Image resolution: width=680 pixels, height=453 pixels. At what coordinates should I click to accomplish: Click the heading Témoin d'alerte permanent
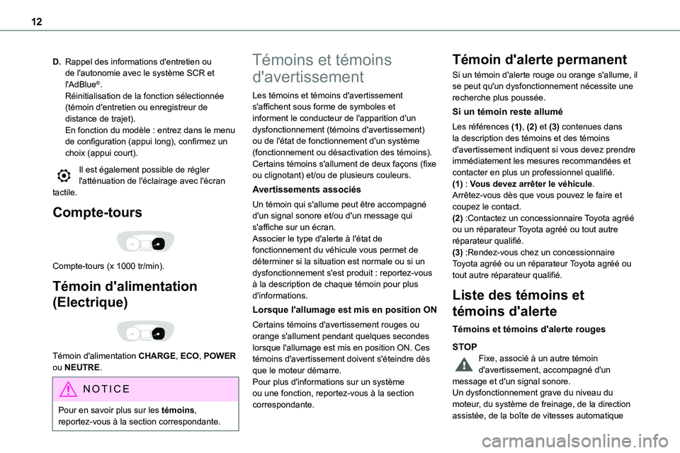tap(539, 59)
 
